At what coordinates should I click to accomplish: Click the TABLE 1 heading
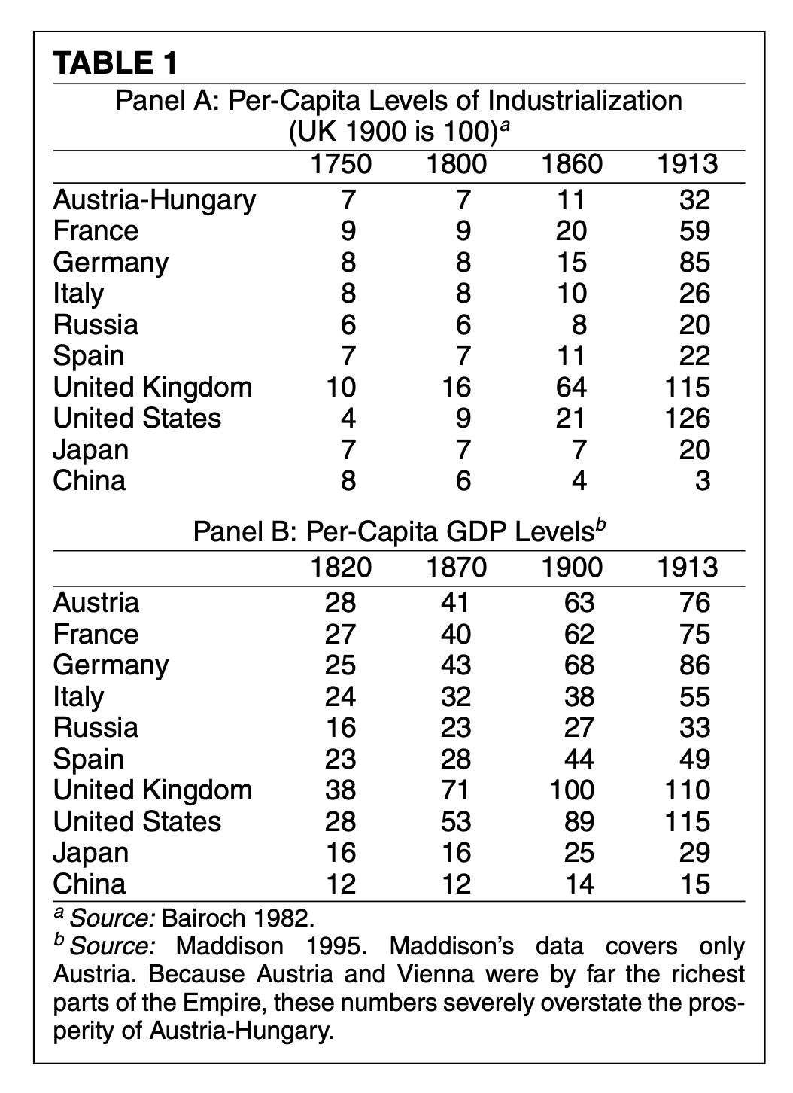point(115,63)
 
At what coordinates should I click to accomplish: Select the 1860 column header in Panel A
point(572,164)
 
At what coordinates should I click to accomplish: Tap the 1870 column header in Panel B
point(457,567)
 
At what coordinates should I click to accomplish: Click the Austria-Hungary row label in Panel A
point(154,200)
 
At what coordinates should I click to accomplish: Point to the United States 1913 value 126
point(687,419)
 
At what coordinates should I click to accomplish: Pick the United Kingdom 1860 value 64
point(571,387)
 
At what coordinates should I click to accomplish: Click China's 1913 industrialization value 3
point(702,480)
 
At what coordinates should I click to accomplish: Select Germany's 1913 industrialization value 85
point(694,262)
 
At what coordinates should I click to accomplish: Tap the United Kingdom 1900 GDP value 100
point(572,790)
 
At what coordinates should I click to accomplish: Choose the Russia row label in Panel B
point(96,727)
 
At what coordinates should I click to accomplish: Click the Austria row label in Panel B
point(96,603)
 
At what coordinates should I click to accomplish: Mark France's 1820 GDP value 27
point(340,634)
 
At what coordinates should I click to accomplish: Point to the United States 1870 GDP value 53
point(456,821)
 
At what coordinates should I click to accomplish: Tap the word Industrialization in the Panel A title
point(585,101)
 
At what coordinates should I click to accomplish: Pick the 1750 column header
point(340,164)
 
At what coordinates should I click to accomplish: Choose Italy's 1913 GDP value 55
point(694,696)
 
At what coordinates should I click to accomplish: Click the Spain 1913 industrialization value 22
point(694,356)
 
